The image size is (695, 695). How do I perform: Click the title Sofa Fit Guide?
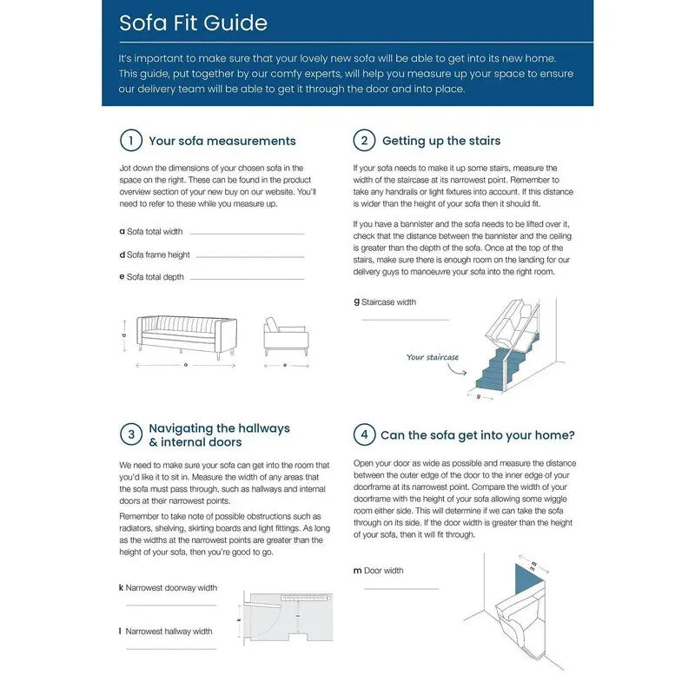(193, 23)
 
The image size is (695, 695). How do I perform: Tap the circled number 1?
(130, 141)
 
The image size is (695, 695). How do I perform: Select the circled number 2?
(365, 141)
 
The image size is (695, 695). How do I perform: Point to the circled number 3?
(130, 434)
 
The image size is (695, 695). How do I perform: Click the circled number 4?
(365, 434)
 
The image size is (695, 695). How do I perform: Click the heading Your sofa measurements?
(222, 141)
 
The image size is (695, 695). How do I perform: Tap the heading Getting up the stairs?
(441, 141)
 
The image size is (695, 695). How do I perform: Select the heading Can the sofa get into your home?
(478, 435)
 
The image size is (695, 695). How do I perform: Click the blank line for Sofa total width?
(247, 233)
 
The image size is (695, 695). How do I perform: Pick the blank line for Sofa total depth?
(247, 279)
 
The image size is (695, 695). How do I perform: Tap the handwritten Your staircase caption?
(433, 357)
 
